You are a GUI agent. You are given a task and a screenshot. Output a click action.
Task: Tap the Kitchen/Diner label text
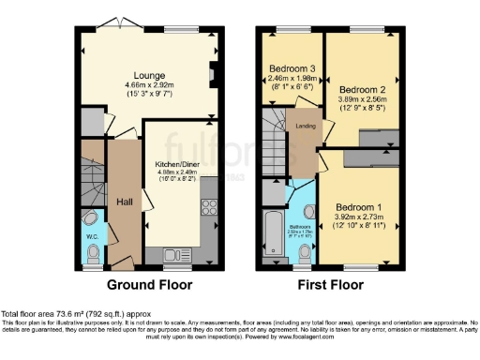[x=175, y=163]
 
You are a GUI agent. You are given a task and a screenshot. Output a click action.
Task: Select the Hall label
[x=125, y=202]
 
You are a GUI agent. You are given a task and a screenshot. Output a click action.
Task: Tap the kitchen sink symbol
[x=177, y=254]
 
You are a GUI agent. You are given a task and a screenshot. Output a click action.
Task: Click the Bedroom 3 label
[x=292, y=68]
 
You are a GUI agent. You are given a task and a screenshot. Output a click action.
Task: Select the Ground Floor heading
[x=149, y=284]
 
